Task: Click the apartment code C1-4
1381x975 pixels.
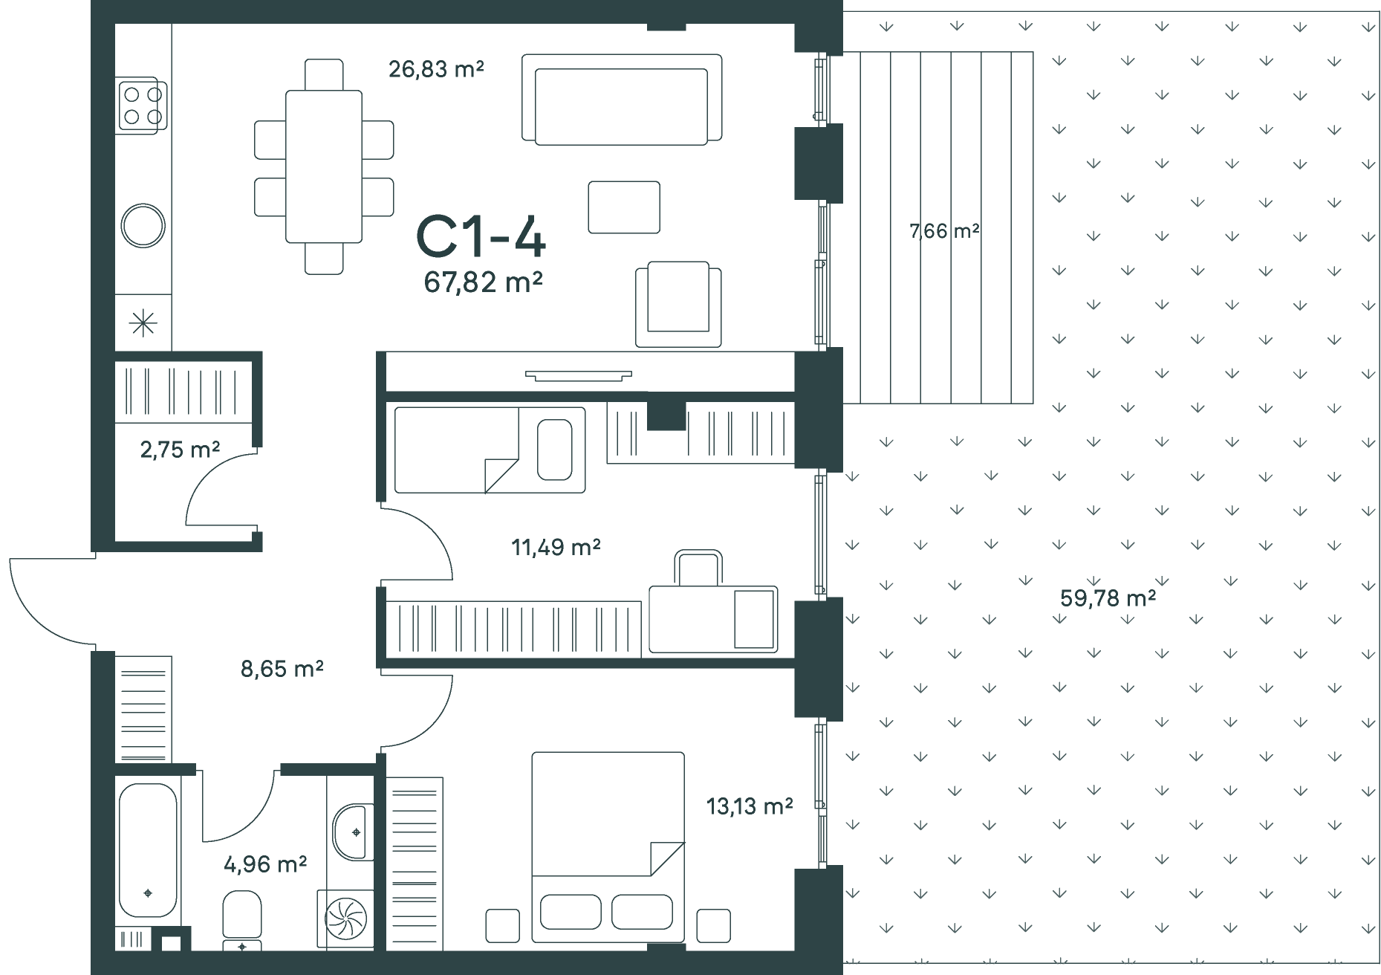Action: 481,236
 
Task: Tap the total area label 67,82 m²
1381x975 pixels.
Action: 484,282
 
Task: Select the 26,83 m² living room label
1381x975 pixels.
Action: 437,69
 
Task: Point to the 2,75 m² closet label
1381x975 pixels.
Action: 181,449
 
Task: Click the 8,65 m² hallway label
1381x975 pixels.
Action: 282,669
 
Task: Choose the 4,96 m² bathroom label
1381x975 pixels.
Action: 266,864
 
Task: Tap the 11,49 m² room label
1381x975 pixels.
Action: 556,547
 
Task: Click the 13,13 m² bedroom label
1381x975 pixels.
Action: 750,806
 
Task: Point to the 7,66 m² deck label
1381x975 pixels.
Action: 945,231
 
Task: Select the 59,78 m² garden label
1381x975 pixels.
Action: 1108,597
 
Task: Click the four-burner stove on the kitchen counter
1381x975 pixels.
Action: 142,105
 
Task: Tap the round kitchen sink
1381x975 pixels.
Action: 143,226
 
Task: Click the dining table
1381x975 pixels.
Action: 324,166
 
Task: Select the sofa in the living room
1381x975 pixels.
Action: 622,99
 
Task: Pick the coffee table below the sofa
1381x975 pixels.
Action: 624,207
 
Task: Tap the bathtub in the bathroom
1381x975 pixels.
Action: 148,851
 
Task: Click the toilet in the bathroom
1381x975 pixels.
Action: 242,921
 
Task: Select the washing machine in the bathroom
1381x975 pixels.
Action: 345,920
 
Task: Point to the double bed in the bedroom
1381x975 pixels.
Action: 608,842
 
